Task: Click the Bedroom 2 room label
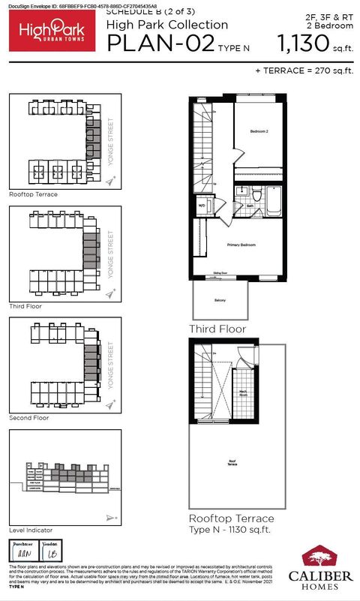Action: click(259, 131)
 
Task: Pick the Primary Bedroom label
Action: click(241, 245)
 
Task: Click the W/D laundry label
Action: click(202, 204)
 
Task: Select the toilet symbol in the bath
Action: click(255, 197)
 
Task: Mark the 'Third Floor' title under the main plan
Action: click(217, 329)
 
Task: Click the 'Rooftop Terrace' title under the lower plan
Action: click(231, 518)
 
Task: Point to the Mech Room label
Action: click(244, 392)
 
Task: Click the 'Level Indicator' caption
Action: click(30, 530)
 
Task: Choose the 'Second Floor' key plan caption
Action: click(29, 417)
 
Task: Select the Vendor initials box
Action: click(51, 550)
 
